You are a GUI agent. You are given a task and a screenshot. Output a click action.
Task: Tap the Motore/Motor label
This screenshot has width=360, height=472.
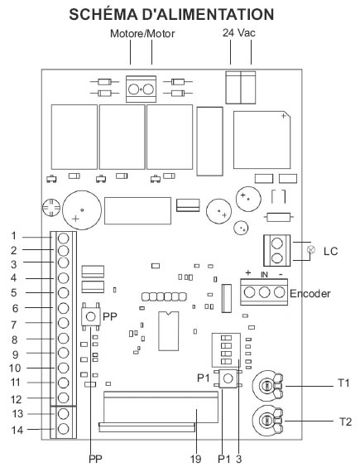pos(142,33)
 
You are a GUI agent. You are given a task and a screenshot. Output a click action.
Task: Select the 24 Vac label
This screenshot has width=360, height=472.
pos(239,32)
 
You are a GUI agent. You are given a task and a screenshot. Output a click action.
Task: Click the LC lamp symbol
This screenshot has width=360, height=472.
pos(311,249)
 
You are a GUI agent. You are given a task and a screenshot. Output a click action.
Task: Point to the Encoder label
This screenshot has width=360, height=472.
pos(310,293)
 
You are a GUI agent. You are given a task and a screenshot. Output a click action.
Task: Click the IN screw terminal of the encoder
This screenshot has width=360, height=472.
pos(264,292)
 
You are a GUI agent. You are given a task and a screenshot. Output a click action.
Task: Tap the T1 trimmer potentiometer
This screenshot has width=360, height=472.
pos(267,386)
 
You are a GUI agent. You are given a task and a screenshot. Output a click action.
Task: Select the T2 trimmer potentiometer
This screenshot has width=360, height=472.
pos(267,421)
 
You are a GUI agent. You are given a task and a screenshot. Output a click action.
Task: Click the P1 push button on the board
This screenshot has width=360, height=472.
pos(228,378)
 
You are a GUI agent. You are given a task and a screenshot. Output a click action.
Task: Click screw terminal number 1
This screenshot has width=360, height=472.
pos(64,238)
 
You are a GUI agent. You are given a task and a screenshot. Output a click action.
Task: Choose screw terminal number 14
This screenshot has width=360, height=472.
pos(64,429)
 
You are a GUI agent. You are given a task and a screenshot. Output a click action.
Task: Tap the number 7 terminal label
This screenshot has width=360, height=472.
pos(14,325)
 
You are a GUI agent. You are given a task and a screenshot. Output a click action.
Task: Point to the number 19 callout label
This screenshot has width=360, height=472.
pos(195,459)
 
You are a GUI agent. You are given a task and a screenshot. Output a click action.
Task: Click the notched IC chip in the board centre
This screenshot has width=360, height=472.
pos(169,331)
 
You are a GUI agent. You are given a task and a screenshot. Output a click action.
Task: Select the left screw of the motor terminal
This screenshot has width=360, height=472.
pos(134,89)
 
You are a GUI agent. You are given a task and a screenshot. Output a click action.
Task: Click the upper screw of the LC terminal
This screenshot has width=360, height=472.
pos(277,243)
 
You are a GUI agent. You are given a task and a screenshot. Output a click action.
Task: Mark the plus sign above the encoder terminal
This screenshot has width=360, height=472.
pos(248,273)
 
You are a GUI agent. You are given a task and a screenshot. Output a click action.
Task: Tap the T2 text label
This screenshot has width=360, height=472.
pos(345,421)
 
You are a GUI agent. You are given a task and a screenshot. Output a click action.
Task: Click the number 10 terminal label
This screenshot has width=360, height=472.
pos(15,368)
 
